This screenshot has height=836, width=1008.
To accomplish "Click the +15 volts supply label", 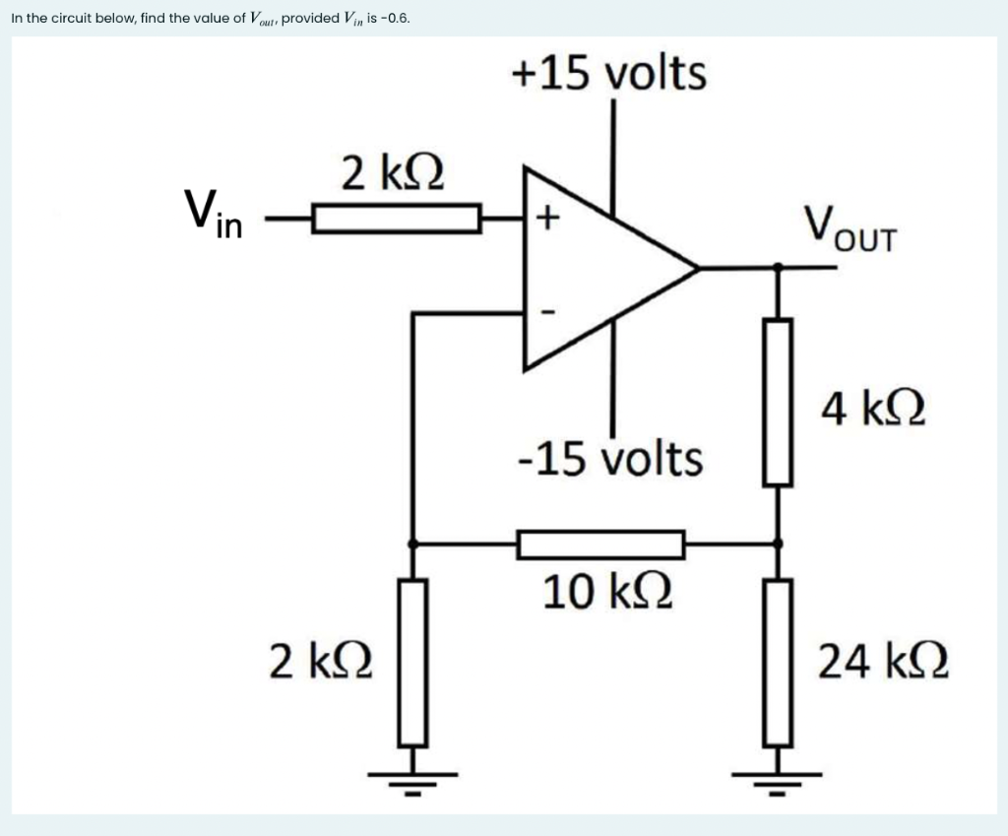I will point(608,73).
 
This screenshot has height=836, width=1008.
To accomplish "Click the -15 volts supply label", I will point(610,458).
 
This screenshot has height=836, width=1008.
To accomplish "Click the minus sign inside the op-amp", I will point(549,314).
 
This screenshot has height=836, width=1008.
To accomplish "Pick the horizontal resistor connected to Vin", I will point(397,218).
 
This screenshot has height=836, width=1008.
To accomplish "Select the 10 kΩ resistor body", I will point(601,544).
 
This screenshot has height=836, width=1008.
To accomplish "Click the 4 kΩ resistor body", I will point(779,402).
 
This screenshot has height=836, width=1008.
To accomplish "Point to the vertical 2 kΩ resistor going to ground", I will point(412,662).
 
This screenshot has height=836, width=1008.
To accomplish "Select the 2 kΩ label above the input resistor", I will point(393,173).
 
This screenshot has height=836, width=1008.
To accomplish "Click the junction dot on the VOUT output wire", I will point(779,267).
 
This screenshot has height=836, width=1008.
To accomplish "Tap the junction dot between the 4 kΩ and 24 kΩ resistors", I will point(779,543).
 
